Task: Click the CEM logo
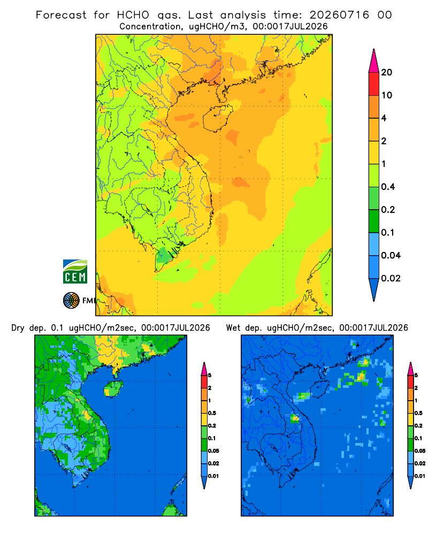75,272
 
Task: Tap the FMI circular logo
71,301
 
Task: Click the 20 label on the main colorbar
387,72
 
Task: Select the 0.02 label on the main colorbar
391,278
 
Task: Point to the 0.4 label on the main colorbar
388,187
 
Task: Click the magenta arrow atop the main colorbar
374,60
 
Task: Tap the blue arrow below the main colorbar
374,290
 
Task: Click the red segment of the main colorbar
374,83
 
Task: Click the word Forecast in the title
61,15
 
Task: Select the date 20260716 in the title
339,15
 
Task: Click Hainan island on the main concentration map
218,118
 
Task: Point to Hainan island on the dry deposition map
113,388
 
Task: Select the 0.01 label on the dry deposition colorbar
213,476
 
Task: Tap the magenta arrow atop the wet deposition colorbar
410,369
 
